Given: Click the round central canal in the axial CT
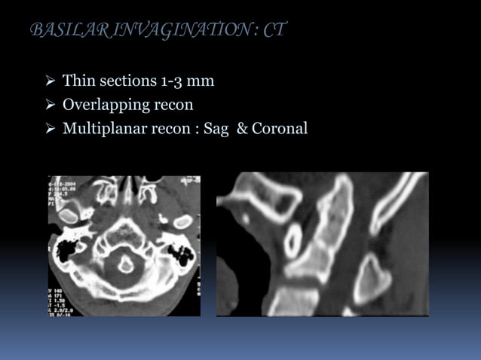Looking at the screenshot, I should pos(126,264).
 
